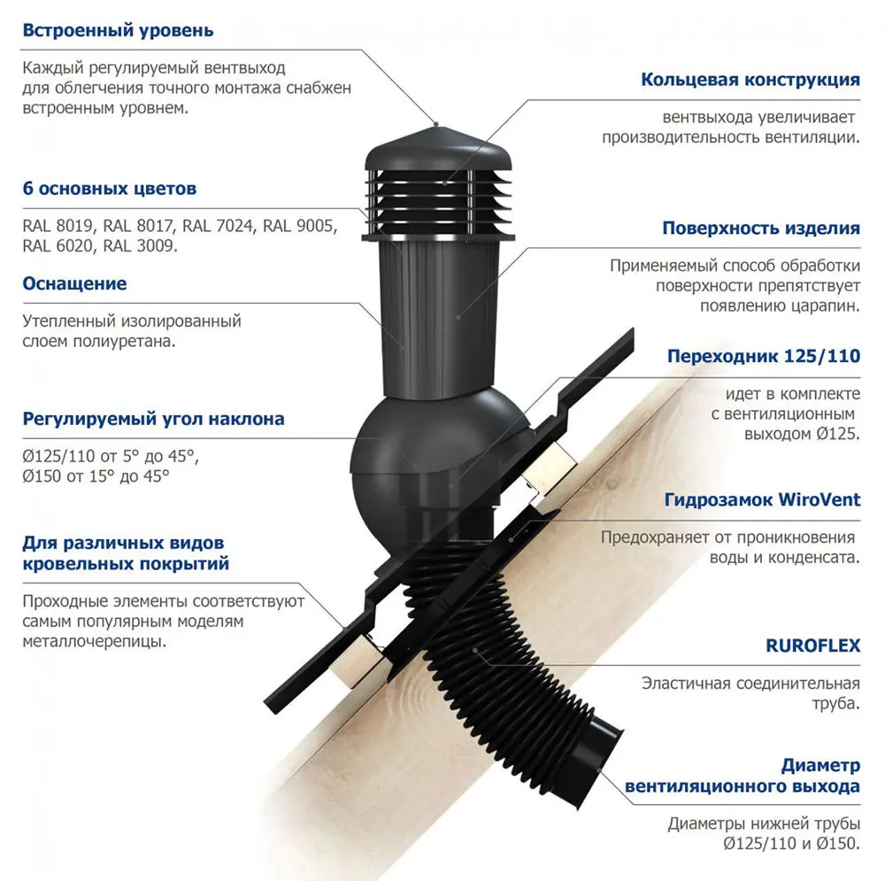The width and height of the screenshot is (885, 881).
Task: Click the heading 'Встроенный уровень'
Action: point(118,30)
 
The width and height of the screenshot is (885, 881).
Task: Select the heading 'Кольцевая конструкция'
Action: point(750,80)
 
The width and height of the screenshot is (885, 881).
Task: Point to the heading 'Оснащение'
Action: point(74,283)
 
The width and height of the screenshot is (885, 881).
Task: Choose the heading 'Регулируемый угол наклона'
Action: point(153,419)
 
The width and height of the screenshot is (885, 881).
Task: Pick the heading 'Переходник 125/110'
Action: point(764,356)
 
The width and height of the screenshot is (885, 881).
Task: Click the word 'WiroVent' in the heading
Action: point(819,499)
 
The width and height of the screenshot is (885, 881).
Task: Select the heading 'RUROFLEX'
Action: point(812,645)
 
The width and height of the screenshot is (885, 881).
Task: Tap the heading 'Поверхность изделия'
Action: point(761,228)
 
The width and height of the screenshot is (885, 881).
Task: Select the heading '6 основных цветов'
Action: point(110,189)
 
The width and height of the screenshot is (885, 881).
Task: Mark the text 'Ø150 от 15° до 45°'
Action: point(96,476)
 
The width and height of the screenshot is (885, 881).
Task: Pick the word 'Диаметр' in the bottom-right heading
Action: point(820,766)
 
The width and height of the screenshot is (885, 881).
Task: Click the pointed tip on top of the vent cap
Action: point(436,126)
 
